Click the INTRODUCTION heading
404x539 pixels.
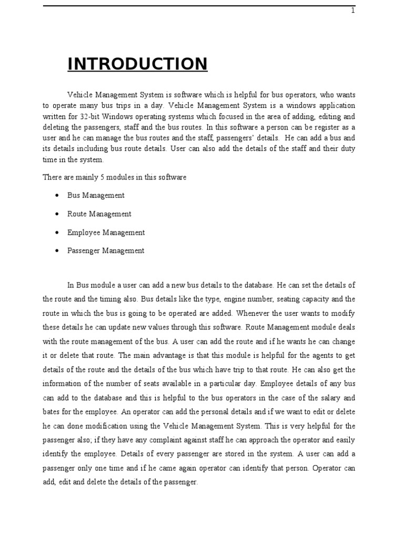click(x=137, y=64)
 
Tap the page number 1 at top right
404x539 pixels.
click(x=353, y=11)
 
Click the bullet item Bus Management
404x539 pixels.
click(x=96, y=195)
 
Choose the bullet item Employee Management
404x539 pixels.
click(x=106, y=232)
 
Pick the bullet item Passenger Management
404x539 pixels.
click(x=105, y=251)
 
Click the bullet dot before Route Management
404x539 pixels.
click(x=56, y=214)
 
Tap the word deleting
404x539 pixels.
click(x=55, y=127)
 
